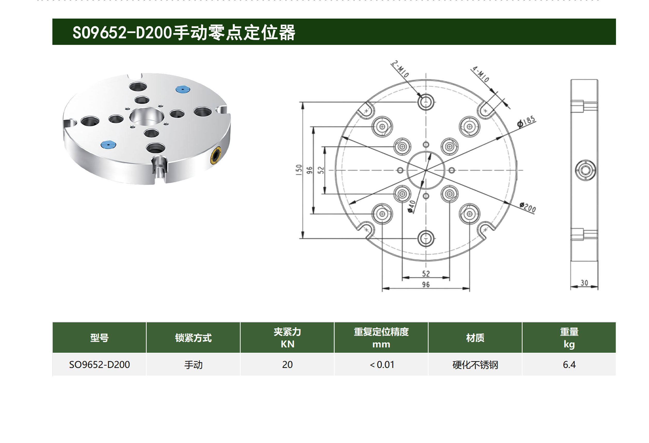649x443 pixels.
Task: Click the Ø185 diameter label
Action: click(527, 122)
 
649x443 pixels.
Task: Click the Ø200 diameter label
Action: click(528, 208)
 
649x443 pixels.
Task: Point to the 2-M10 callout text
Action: click(400, 69)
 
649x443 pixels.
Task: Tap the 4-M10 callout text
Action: click(480, 74)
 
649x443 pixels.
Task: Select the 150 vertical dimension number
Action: click(299, 170)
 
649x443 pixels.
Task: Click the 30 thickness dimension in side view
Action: click(584, 283)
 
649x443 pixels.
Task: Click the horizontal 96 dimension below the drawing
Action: click(426, 285)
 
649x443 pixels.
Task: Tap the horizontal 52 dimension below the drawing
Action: click(426, 274)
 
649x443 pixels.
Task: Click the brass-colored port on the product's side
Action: click(215, 155)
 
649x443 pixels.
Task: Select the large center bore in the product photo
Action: click(147, 117)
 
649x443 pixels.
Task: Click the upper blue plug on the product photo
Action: click(183, 89)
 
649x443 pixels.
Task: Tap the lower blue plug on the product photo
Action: click(108, 144)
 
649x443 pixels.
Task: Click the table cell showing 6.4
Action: click(569, 365)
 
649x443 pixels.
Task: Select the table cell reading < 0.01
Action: click(381, 365)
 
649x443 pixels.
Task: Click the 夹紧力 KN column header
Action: click(287, 338)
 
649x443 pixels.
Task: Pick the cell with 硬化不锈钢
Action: click(475, 365)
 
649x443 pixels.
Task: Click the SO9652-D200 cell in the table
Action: click(99, 365)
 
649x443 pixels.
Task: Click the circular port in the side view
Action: click(585, 170)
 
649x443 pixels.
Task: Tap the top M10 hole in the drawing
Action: click(426, 102)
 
